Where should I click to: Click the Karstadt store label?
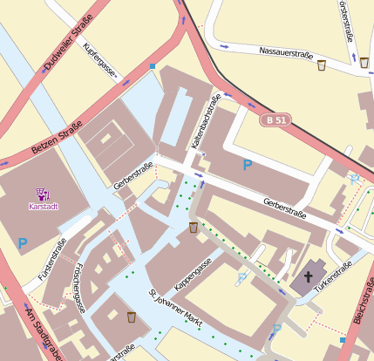coord(42,207)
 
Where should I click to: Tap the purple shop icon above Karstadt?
coord(42,194)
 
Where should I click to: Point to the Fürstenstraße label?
coord(51,267)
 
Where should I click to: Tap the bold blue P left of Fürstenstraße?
coord(23,242)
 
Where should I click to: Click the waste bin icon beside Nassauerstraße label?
coord(321,64)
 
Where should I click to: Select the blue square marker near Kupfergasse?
coord(152,65)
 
